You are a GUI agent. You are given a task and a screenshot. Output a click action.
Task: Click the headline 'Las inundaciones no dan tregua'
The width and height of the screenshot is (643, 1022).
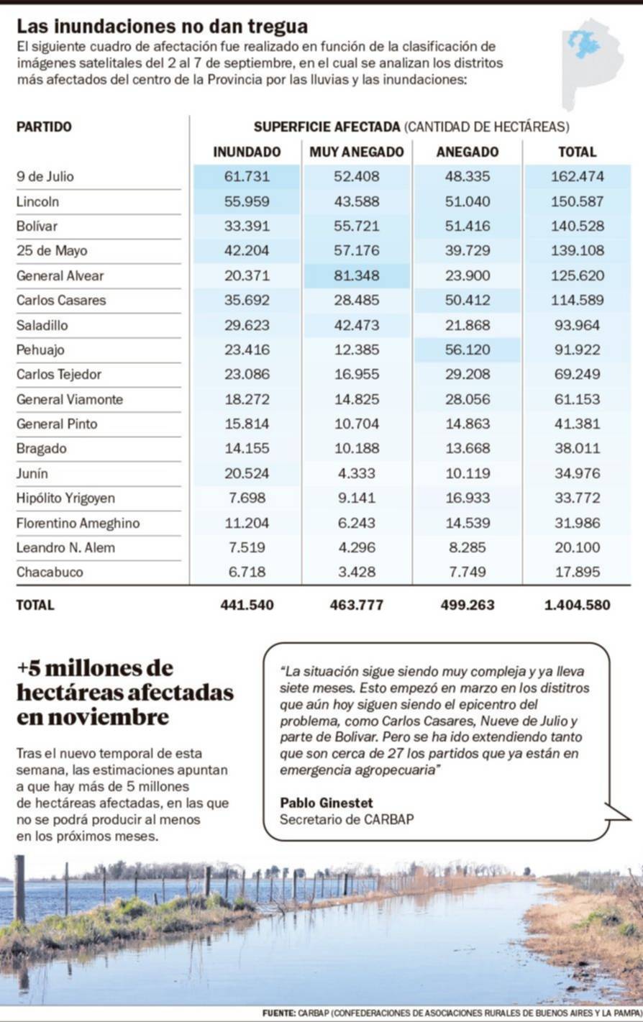pos(162,27)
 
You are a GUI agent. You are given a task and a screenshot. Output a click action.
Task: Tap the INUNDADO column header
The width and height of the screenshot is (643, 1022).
pos(247,152)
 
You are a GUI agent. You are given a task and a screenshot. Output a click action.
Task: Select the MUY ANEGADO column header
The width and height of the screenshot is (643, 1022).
pos(357,152)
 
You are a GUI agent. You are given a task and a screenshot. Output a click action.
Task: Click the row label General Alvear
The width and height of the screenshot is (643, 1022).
pos(60,275)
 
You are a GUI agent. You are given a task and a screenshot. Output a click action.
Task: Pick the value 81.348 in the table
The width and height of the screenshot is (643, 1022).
pos(357,275)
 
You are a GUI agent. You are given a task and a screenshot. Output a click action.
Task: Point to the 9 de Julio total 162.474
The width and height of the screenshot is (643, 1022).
pos(578,176)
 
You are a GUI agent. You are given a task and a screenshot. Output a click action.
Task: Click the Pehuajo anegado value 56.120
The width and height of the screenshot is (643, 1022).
pos(468,350)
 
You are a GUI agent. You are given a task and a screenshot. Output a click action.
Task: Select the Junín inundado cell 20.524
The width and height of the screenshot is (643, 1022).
pos(247,473)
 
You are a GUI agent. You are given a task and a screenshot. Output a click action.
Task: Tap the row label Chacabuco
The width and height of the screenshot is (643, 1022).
pos(50,572)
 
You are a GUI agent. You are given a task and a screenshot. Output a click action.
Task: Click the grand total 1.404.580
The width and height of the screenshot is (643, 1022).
pos(578,605)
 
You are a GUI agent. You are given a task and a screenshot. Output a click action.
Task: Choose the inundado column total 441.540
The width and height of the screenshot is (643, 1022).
pos(247,605)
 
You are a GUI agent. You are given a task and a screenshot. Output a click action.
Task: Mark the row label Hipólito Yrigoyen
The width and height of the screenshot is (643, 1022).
pos(65,498)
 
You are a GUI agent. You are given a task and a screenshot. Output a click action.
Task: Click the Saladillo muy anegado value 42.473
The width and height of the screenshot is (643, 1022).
pos(357,325)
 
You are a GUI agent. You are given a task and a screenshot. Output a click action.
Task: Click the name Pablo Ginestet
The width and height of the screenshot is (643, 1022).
pos(327,803)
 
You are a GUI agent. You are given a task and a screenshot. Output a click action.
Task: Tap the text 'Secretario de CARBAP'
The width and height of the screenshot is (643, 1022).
pos(347,819)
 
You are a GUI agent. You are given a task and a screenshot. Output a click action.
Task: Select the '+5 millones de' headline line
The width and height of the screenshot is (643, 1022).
pos(96,668)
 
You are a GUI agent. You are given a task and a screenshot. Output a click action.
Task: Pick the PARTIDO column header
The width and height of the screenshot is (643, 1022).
pos(44,127)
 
